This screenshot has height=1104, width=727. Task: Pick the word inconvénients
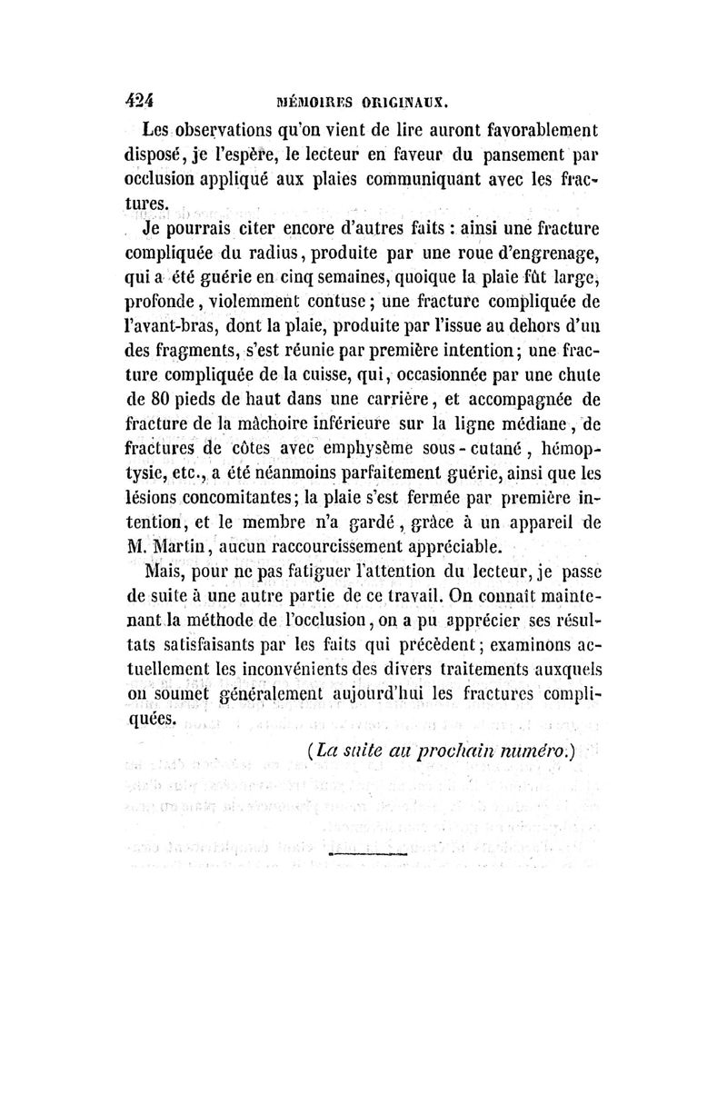303,667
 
